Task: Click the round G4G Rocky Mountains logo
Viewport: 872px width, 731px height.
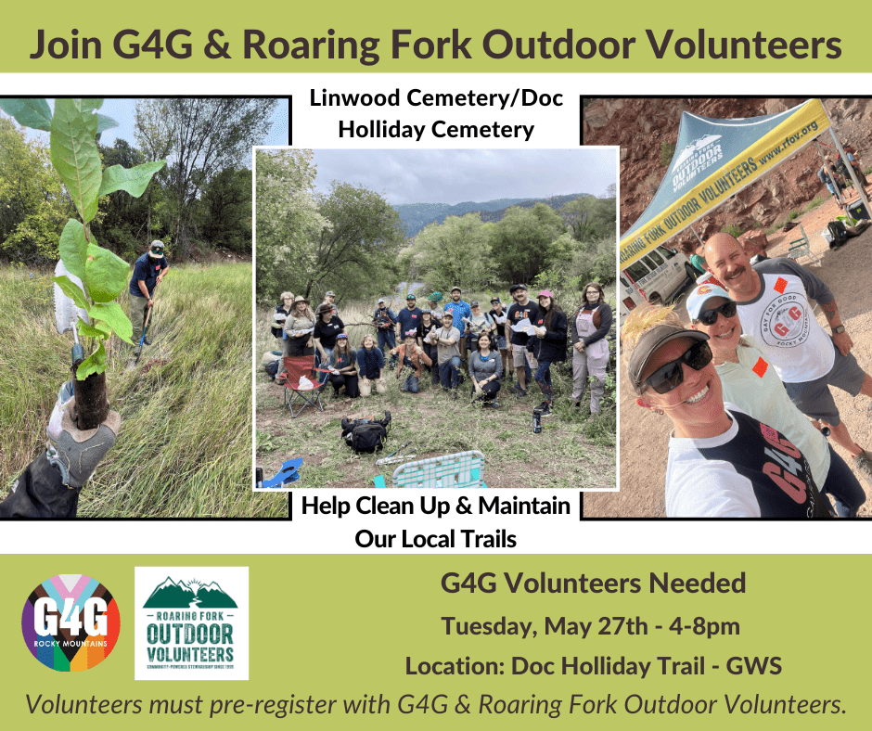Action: (x=71, y=622)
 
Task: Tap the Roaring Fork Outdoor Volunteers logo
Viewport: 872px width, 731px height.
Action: (x=191, y=623)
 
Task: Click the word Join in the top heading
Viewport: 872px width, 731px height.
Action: (x=66, y=45)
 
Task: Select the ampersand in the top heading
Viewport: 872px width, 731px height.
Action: (x=216, y=45)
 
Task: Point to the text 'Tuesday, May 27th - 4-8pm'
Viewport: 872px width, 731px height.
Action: (x=591, y=626)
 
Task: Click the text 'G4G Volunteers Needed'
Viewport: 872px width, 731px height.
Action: (x=593, y=583)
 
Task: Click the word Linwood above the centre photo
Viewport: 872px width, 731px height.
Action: (x=354, y=98)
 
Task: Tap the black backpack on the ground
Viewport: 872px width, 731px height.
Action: (x=365, y=432)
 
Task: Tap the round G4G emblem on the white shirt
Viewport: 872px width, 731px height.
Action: (x=783, y=320)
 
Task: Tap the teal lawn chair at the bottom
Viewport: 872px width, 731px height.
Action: (x=439, y=470)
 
